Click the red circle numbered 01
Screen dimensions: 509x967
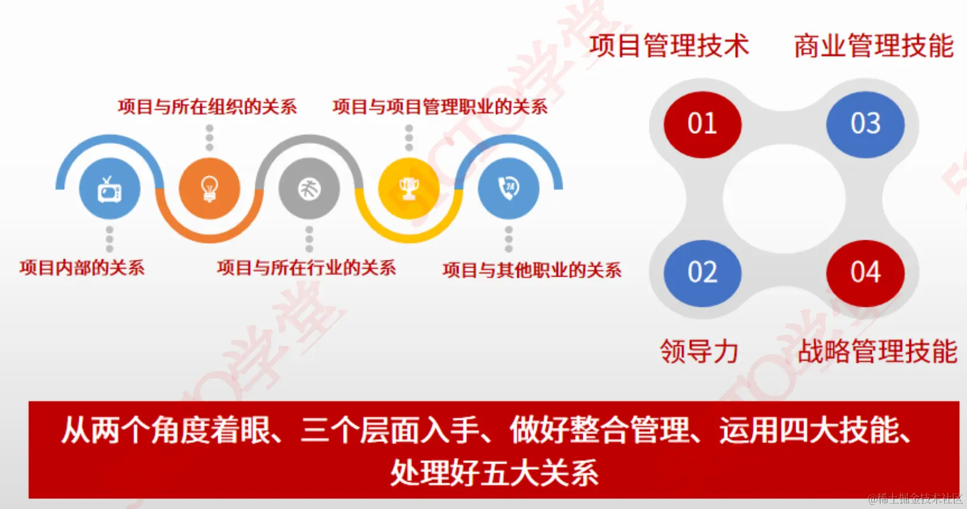tap(702, 124)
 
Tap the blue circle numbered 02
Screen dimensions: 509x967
tap(702, 273)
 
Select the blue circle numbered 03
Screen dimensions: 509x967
tap(865, 124)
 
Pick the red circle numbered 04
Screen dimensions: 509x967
tap(865, 273)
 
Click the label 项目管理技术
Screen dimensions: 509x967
tap(669, 46)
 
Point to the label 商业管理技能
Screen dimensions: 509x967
tap(874, 46)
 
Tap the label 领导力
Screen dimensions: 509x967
tap(699, 351)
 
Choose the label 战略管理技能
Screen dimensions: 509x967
tap(877, 351)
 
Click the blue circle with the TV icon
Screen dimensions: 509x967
tap(109, 189)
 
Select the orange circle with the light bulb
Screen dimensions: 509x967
tap(209, 188)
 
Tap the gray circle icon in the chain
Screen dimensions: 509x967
tap(309, 189)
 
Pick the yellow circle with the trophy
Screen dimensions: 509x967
tap(409, 188)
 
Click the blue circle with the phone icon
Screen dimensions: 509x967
tap(508, 188)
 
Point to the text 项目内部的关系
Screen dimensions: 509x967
tap(82, 268)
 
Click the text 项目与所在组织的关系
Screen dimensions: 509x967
tap(208, 107)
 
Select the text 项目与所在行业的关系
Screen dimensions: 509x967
tap(306, 268)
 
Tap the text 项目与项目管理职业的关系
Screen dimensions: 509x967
tap(440, 107)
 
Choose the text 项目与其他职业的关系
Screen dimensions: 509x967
tap(532, 271)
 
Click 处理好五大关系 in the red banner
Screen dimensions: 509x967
tap(494, 473)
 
